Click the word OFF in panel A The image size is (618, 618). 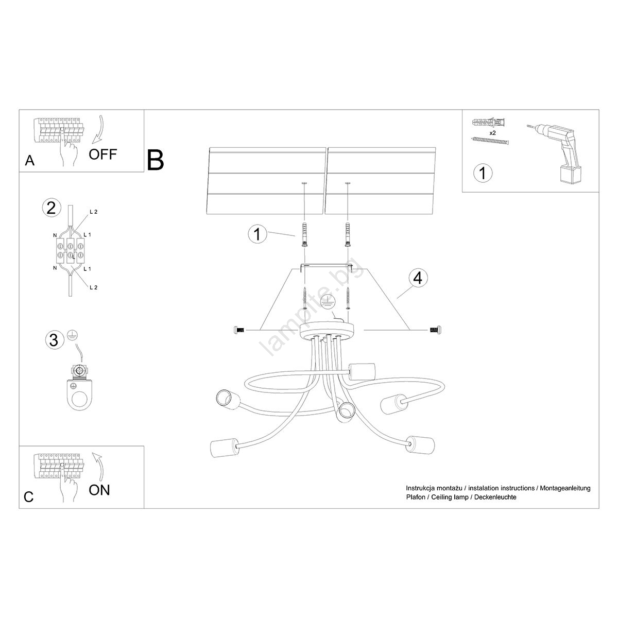point(103,153)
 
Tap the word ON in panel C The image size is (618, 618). point(99,490)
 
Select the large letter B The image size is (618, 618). point(156,160)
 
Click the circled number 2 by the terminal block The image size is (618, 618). point(50,208)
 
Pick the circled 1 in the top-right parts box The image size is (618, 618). point(482,173)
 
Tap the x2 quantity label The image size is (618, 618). point(492,132)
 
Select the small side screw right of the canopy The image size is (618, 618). point(436,329)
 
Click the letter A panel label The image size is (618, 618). point(30,161)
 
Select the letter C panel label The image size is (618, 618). point(29,496)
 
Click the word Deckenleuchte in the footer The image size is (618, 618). point(495,497)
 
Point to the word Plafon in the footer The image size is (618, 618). point(416,497)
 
